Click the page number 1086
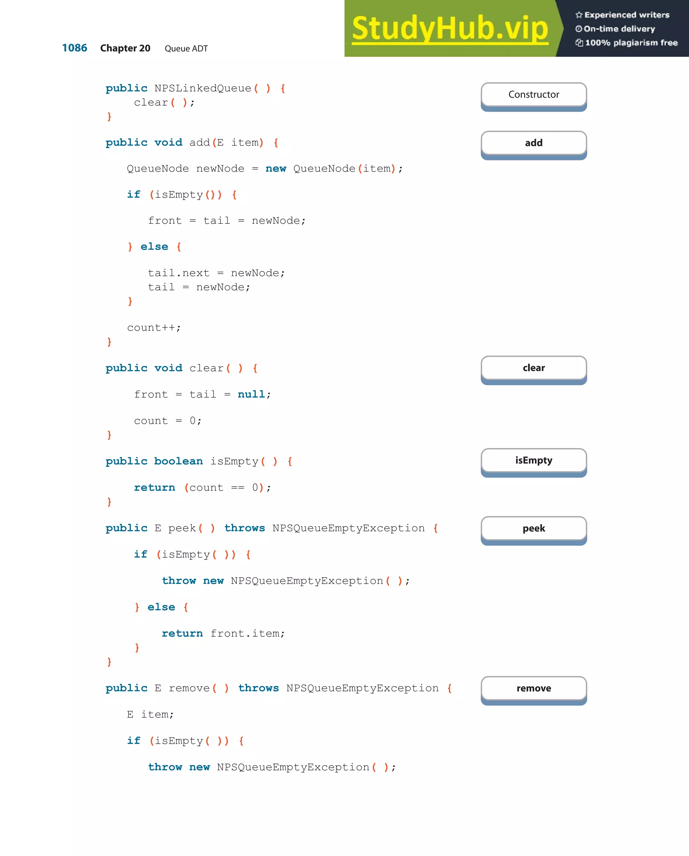pos(75,48)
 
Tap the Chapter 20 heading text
pos(125,48)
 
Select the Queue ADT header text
pos(186,48)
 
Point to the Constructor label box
pos(533,95)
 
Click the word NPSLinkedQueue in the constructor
pos(203,88)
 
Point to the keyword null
pos(251,394)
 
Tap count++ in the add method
pos(153,328)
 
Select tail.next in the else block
pos(178,273)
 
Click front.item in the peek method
pos(247,633)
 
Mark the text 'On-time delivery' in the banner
pos(619,29)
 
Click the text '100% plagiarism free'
pos(631,43)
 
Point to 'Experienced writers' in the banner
pos(627,15)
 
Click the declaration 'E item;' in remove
pos(150,715)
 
